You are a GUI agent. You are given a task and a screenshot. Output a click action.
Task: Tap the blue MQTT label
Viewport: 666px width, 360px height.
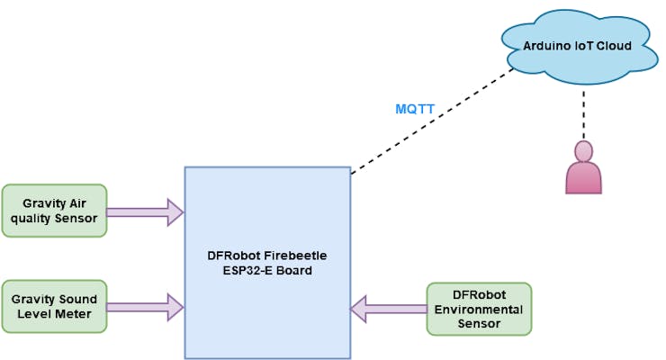tap(415, 110)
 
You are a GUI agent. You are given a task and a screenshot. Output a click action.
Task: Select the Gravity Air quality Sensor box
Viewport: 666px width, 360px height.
tap(54, 211)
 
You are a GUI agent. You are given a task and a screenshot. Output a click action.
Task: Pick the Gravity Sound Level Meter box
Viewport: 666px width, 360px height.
tap(54, 306)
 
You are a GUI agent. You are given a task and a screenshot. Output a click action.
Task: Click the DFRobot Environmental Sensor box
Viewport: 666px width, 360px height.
tap(479, 310)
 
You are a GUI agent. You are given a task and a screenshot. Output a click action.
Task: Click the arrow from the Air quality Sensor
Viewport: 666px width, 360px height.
tap(144, 212)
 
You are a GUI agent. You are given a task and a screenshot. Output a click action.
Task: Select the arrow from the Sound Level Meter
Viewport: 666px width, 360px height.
tap(144, 307)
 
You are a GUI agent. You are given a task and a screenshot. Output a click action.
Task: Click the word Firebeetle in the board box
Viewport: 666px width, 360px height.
tap(290, 255)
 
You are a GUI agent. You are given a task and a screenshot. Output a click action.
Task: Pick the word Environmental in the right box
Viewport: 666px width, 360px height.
tap(479, 310)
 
